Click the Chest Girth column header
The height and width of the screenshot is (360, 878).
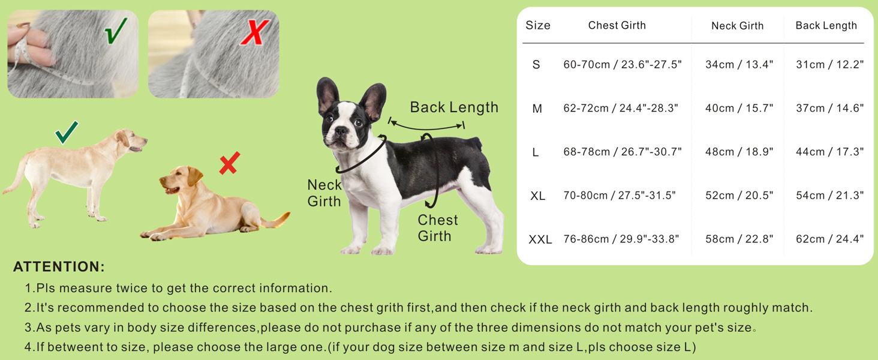[617, 25]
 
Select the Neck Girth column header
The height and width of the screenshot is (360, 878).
[737, 26]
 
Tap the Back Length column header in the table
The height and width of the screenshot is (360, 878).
[826, 26]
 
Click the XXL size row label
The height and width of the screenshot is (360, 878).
[540, 239]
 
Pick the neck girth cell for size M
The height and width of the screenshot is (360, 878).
[739, 108]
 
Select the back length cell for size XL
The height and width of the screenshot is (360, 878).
[829, 195]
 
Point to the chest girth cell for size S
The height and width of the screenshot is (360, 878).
[623, 64]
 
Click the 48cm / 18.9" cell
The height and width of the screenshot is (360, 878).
[739, 152]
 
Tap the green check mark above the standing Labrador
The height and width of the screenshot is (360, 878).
[67, 132]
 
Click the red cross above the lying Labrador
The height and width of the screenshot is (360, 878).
[230, 163]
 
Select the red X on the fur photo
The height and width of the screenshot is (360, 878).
[255, 32]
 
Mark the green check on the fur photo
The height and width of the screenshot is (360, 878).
[116, 31]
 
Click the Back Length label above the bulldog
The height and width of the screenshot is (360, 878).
[454, 107]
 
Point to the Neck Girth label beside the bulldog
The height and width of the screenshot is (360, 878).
[324, 193]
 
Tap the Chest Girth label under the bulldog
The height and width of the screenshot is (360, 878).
[437, 228]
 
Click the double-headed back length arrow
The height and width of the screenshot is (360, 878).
[426, 128]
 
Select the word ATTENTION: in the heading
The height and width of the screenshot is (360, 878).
[59, 266]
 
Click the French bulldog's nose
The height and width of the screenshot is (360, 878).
[340, 131]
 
